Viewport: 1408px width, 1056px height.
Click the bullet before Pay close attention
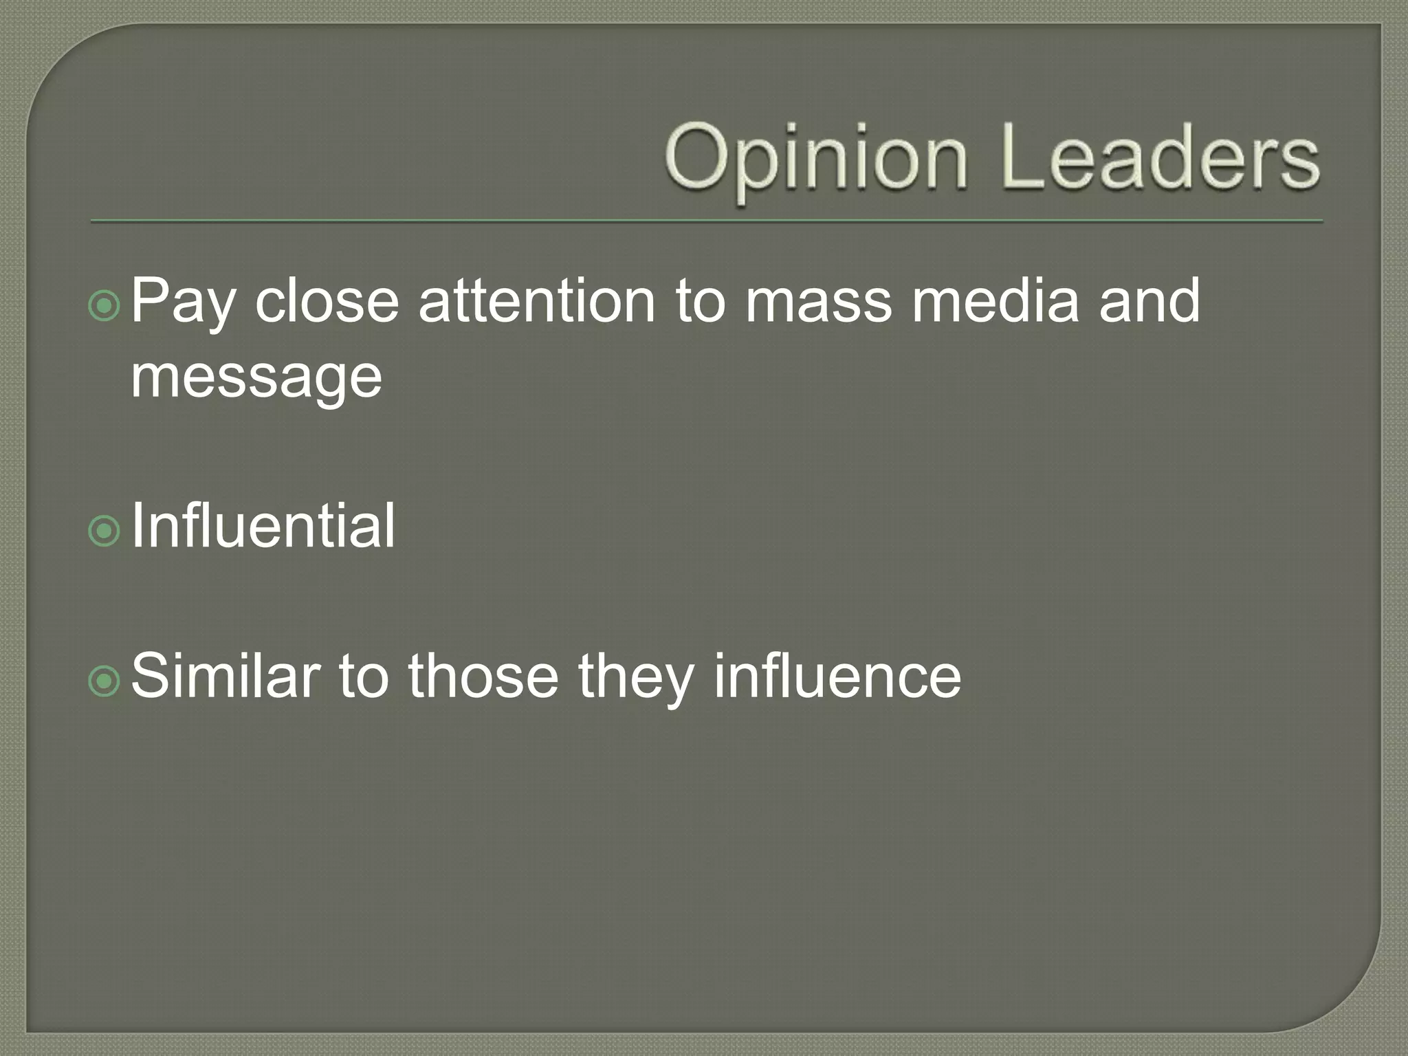tap(104, 305)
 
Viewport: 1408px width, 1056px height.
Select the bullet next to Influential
tap(104, 531)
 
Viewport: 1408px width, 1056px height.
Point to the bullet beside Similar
tap(104, 681)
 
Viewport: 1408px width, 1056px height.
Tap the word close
tap(327, 300)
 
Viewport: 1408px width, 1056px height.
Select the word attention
tap(536, 300)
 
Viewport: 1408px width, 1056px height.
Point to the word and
tap(1149, 300)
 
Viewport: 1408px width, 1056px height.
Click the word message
tap(256, 378)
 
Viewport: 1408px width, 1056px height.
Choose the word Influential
tap(263, 526)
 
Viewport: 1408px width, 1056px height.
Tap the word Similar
tap(225, 676)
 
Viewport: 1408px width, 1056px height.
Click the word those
tap(483, 676)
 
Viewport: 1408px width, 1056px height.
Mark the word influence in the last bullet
tap(837, 676)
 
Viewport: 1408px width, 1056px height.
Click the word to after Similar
tap(364, 678)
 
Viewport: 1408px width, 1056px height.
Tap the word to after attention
tap(700, 302)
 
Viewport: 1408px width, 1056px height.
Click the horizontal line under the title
tap(707, 221)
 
